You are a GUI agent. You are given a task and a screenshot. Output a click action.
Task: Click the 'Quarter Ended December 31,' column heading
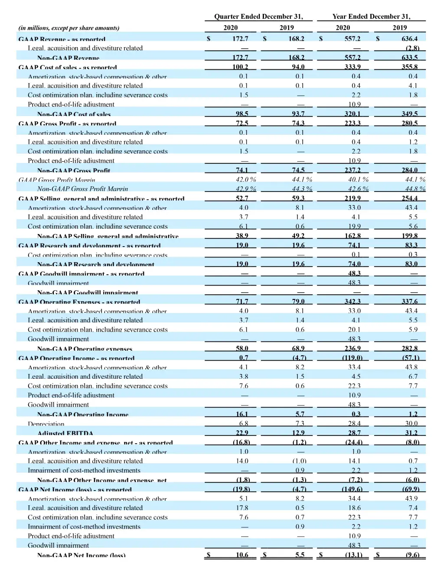tap(258, 16)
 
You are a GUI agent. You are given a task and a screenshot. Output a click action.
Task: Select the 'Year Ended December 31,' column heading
tap(371, 16)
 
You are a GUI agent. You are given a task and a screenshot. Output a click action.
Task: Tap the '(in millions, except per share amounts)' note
tap(69, 28)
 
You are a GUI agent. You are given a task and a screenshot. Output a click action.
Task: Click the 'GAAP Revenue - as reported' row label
tap(62, 39)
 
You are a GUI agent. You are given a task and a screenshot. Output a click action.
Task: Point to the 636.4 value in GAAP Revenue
tap(409, 39)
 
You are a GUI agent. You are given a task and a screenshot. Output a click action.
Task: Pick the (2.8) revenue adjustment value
tap(412, 48)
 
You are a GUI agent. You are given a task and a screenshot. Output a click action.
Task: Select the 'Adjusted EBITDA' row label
tap(65, 433)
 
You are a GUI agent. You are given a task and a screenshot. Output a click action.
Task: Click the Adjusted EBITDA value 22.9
tap(242, 432)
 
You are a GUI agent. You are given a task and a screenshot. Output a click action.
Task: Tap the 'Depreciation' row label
tap(46, 424)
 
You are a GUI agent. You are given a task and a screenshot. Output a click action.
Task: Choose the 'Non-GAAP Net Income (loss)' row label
tap(81, 555)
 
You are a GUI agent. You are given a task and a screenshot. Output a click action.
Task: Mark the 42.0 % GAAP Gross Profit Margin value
tap(246, 179)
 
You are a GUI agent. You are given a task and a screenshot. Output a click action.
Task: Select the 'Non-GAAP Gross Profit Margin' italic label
tap(82, 189)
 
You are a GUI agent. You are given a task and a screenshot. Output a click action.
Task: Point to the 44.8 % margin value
tap(415, 189)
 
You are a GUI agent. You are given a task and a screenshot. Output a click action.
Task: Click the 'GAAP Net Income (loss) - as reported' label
tap(75, 490)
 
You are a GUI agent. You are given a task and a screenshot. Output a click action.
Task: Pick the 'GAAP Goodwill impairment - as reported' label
tap(82, 274)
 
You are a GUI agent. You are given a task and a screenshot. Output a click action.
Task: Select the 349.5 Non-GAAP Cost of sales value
tap(409, 114)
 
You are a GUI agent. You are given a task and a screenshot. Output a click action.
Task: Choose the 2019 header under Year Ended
tap(399, 28)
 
